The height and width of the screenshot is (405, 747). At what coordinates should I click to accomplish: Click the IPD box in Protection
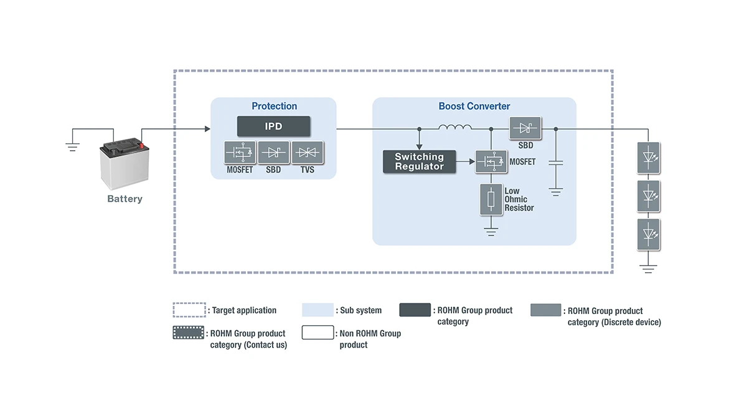click(x=273, y=126)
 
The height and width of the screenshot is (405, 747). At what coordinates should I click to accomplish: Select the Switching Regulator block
click(x=420, y=162)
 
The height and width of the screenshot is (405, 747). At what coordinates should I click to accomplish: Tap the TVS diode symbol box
click(x=308, y=153)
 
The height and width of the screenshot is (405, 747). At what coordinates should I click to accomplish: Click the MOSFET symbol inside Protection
click(x=240, y=153)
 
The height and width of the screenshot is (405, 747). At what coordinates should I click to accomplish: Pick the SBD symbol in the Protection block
click(x=273, y=153)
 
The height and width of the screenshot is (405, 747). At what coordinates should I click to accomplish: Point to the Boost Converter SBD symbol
click(x=525, y=129)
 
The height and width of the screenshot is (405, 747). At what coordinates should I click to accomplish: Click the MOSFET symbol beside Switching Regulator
click(x=491, y=162)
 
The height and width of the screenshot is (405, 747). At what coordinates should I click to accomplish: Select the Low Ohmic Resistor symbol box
click(x=491, y=199)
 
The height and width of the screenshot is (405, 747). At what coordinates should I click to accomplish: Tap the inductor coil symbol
click(x=455, y=128)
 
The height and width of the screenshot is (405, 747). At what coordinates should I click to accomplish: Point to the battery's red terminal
click(x=141, y=146)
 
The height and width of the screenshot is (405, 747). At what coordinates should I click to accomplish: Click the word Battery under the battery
click(x=125, y=199)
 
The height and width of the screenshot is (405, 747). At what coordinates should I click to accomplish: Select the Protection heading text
click(x=274, y=107)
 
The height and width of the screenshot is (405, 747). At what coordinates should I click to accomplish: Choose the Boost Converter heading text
click(x=474, y=107)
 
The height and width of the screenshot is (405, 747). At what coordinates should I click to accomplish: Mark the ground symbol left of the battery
click(x=73, y=147)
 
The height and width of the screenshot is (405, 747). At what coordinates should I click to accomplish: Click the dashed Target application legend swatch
click(x=189, y=310)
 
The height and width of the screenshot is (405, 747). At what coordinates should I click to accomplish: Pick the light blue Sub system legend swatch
click(x=317, y=310)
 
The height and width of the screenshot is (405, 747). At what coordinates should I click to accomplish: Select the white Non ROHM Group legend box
click(x=317, y=333)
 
